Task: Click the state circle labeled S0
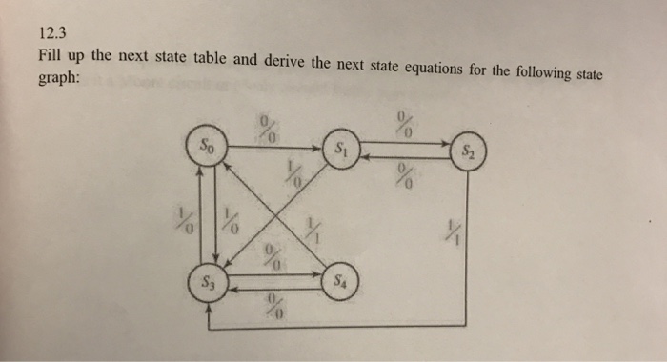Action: tap(208, 148)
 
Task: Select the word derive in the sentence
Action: tap(284, 61)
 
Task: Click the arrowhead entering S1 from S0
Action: tap(322, 148)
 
